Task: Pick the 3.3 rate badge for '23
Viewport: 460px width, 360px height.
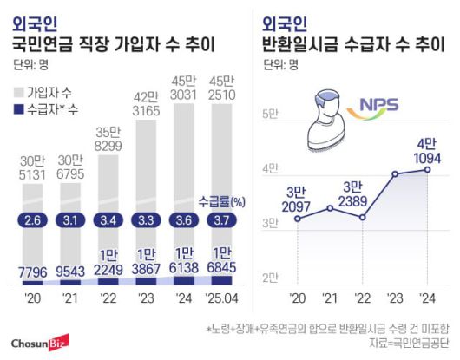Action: click(145, 220)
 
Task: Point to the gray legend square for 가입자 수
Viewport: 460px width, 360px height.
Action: click(19, 91)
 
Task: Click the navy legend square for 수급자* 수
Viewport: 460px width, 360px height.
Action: click(19, 109)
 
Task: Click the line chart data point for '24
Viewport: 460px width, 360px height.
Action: click(426, 169)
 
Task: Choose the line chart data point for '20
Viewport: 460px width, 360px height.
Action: click(299, 219)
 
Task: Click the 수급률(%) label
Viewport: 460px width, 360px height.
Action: click(220, 200)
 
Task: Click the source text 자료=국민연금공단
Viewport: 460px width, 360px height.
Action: click(412, 344)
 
